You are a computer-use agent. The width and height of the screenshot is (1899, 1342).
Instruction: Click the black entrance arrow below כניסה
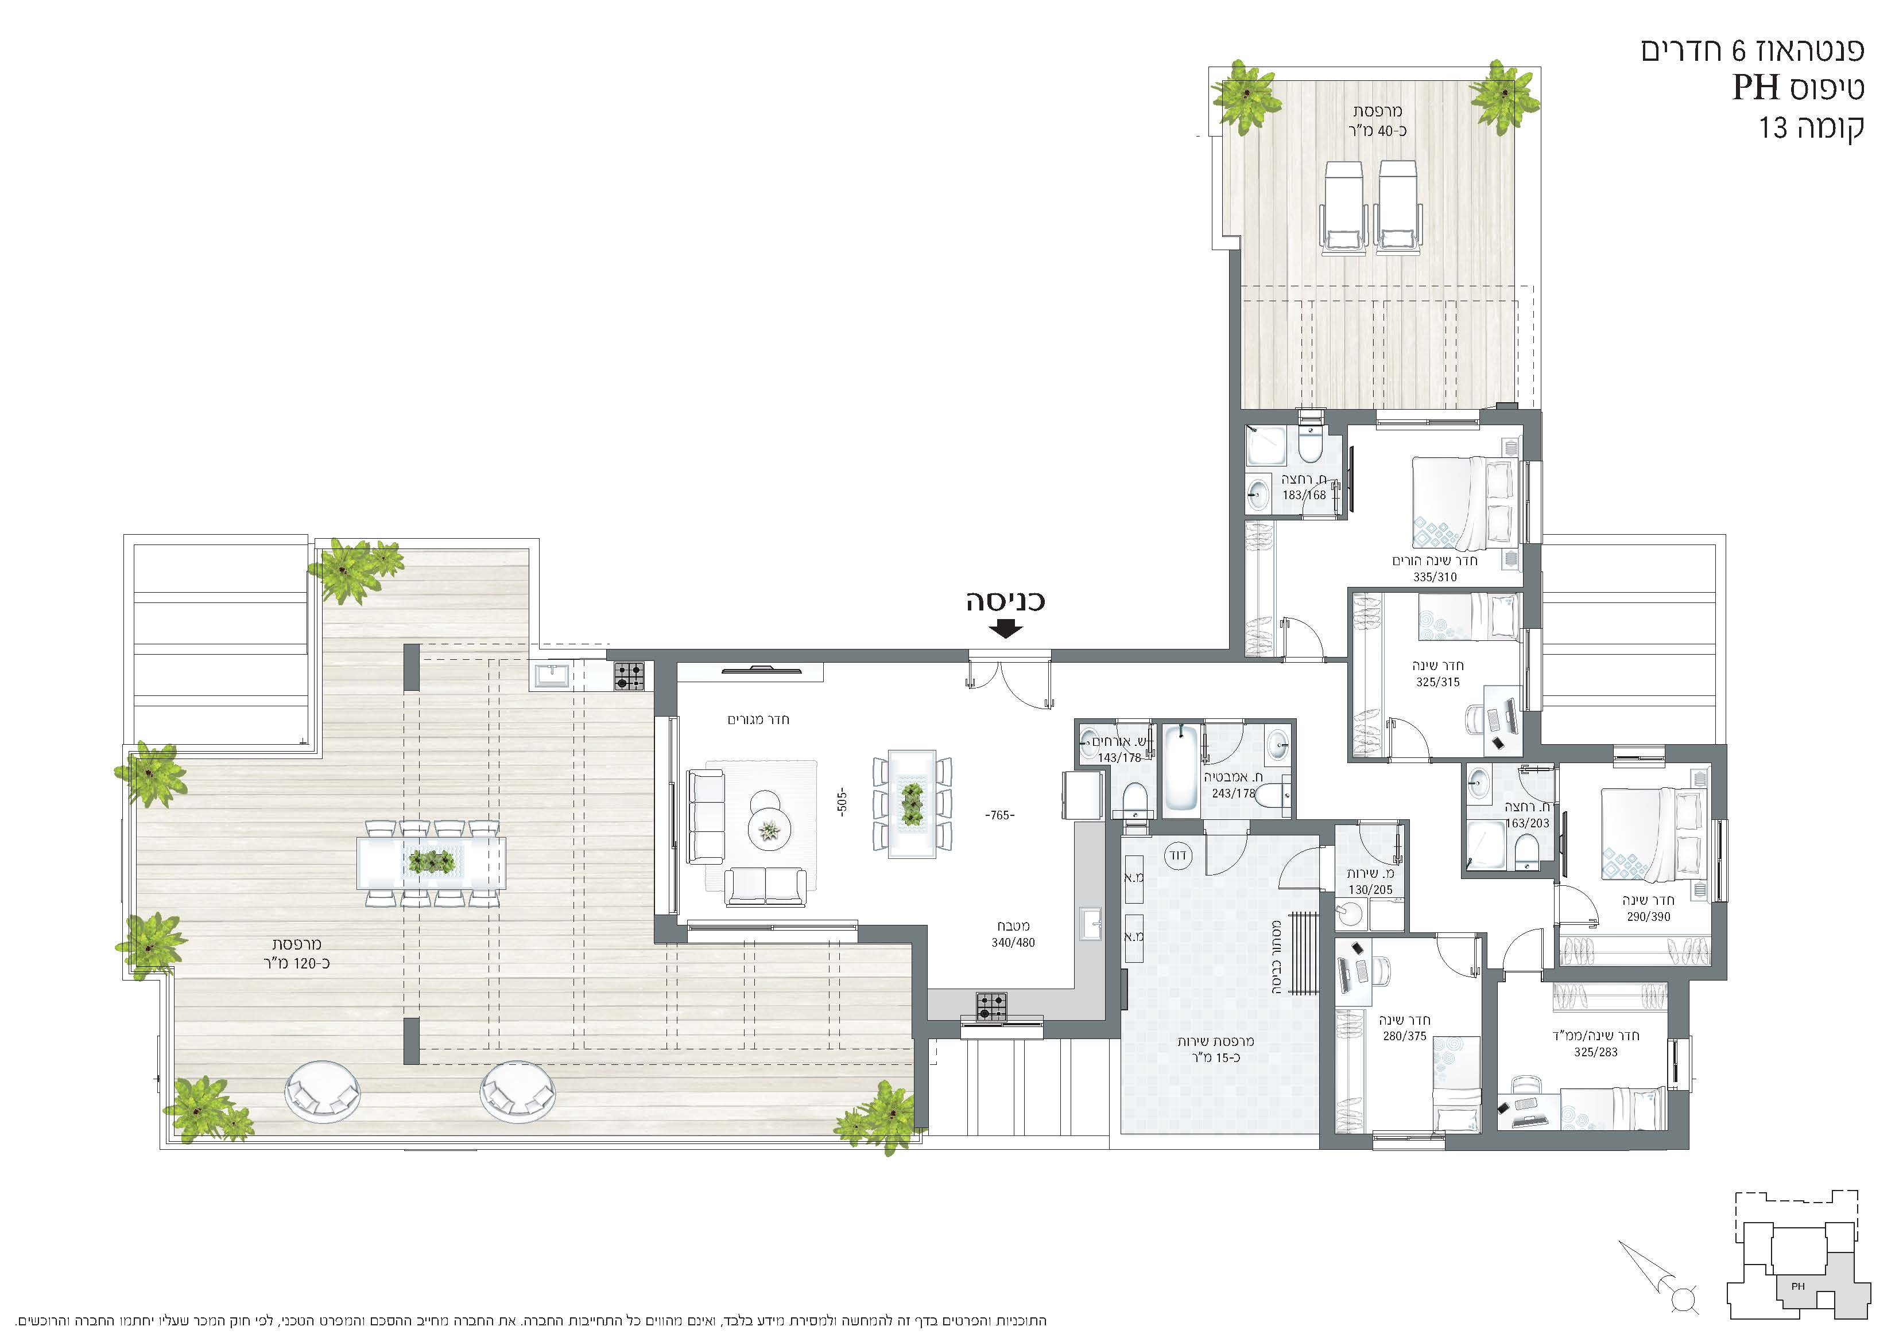coord(1006,629)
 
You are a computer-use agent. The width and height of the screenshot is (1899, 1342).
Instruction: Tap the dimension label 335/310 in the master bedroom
coord(1435,577)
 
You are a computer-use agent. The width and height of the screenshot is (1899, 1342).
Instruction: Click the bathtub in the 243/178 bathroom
coord(1180,767)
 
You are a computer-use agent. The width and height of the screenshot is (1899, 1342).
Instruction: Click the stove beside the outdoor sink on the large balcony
coord(629,676)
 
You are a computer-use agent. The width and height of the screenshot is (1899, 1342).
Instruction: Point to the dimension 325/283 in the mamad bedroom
coord(1595,1053)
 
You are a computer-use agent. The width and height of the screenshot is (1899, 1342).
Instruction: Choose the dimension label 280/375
coord(1404,1036)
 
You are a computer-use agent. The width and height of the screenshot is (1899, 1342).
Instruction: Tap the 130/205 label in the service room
coord(1370,890)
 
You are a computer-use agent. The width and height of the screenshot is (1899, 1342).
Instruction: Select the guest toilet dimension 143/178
coord(1119,757)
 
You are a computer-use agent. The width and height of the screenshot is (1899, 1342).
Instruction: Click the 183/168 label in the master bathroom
coord(1304,495)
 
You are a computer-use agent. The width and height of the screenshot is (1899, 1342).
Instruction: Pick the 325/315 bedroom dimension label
coord(1437,682)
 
